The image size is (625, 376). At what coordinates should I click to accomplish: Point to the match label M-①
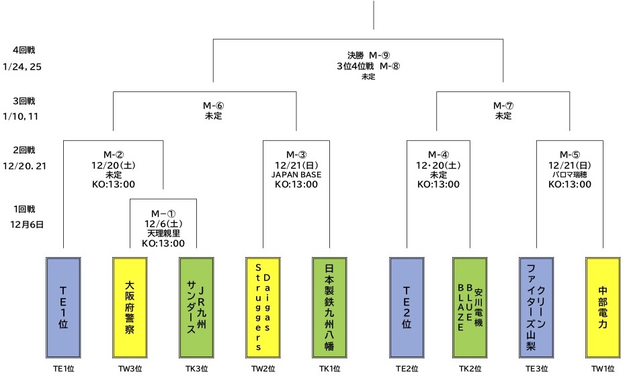tap(163, 213)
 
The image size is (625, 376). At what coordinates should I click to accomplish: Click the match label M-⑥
tap(213, 105)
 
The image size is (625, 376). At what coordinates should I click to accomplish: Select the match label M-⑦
tap(503, 105)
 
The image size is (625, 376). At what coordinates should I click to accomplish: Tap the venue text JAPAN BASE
tap(296, 175)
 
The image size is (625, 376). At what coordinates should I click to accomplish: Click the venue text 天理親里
tap(163, 233)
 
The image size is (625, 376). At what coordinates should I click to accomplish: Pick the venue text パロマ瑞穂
tap(570, 175)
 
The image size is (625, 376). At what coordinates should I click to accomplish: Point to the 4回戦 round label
tap(22, 51)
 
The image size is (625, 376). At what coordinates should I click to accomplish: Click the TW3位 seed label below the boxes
tap(130, 367)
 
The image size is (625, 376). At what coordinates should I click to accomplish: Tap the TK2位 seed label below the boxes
tap(470, 367)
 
